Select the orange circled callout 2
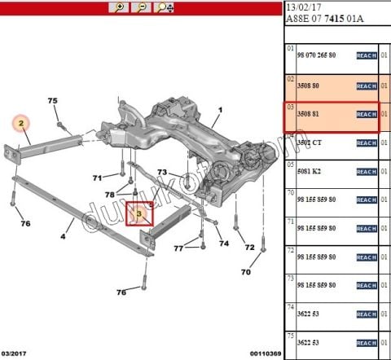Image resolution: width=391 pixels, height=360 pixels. (23, 124)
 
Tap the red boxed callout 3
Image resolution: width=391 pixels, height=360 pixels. (139, 215)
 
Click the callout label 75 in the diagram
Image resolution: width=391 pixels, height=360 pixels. (53, 101)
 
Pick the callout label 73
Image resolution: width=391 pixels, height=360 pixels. (162, 172)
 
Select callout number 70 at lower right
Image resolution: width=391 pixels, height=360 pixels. (245, 271)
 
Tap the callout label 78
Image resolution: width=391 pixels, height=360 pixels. (110, 194)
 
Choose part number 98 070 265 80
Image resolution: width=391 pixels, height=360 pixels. (320, 55)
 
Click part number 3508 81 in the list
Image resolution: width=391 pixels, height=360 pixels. (308, 114)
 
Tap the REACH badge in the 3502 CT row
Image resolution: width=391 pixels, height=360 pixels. (367, 143)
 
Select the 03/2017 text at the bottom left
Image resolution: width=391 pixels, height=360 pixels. (16, 353)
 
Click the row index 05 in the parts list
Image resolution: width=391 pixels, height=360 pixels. (289, 163)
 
